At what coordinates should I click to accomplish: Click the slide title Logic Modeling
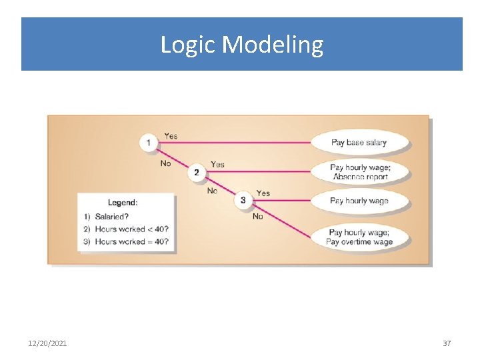241,45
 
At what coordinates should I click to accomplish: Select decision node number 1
148,143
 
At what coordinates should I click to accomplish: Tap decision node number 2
196,172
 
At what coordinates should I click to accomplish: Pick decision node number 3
243,200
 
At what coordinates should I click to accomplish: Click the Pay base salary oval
359,143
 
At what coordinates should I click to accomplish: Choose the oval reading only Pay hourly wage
359,201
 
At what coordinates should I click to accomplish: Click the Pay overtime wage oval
359,237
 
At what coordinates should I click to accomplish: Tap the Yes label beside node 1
171,136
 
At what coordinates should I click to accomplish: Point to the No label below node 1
165,163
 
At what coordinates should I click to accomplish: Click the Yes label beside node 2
217,165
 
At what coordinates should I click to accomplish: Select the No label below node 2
212,191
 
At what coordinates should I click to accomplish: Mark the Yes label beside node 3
263,193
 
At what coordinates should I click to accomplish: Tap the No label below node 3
257,217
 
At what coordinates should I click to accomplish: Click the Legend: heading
123,203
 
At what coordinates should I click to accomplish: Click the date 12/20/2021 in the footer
47,343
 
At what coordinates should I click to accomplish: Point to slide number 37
447,343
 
